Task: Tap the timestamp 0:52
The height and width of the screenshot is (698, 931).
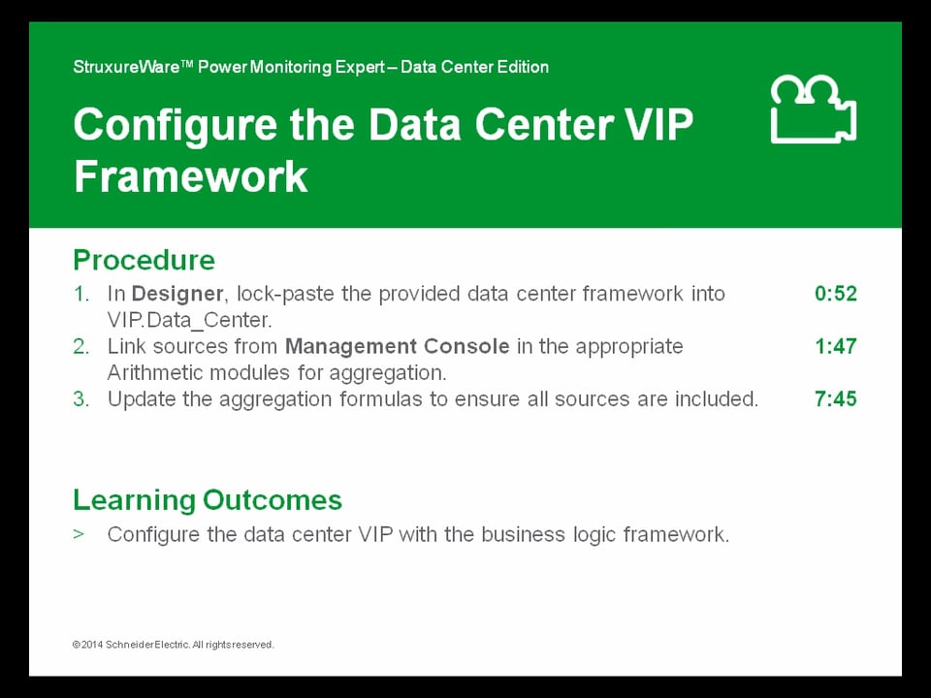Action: click(835, 294)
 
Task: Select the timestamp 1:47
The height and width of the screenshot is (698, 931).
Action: click(835, 346)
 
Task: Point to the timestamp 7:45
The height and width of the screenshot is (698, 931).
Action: click(835, 398)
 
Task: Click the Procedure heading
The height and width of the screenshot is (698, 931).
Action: click(144, 261)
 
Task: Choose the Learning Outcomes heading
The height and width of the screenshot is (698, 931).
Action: click(208, 500)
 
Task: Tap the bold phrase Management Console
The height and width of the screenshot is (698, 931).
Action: click(397, 346)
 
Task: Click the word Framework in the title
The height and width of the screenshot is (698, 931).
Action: click(191, 177)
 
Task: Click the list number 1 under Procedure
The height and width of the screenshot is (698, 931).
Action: click(80, 294)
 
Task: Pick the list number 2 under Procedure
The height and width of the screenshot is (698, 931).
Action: click(80, 346)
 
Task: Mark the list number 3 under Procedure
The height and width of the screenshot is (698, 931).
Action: click(80, 398)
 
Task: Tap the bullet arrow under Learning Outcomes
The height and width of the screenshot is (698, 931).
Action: click(79, 534)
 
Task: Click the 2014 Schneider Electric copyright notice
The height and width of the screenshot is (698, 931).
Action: click(174, 645)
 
